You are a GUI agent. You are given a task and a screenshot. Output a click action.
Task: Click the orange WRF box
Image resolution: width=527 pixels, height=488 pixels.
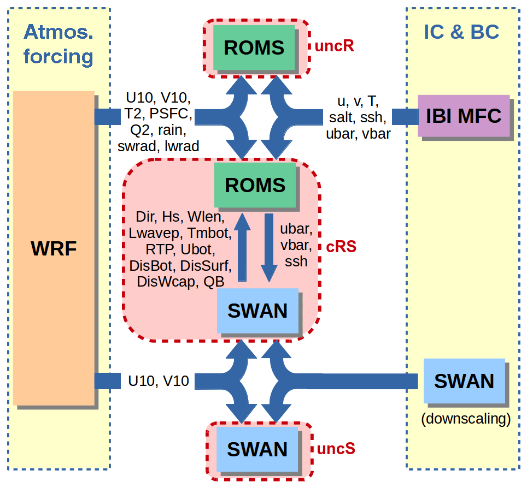[54, 248]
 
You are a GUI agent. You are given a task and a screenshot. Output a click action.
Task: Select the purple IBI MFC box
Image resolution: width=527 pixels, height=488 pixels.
[463, 116]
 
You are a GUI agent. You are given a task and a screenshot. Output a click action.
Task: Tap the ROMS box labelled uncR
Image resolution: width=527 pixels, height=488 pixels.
[254, 47]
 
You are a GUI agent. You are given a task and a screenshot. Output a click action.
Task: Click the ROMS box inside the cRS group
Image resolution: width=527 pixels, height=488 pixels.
[255, 185]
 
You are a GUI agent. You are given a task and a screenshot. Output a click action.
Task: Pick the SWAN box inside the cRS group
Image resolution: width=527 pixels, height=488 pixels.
[257, 311]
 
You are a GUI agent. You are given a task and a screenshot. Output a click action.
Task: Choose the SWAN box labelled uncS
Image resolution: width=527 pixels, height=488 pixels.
[257, 449]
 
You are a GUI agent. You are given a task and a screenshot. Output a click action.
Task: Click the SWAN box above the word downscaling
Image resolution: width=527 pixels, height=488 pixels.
[464, 381]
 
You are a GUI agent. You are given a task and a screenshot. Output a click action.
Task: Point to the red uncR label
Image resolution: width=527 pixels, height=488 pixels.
[335, 46]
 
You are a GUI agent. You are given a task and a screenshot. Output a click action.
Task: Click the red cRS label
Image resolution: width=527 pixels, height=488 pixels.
[341, 247]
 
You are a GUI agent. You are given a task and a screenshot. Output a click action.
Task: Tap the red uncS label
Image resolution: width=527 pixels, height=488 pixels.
[336, 449]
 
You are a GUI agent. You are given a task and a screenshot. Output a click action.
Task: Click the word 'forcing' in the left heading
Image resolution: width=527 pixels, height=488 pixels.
[58, 56]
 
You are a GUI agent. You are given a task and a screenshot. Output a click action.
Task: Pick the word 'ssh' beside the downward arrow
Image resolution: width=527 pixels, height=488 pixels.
[296, 261]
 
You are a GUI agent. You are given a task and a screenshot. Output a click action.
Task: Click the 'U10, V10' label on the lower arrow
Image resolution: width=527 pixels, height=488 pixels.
[159, 381]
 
